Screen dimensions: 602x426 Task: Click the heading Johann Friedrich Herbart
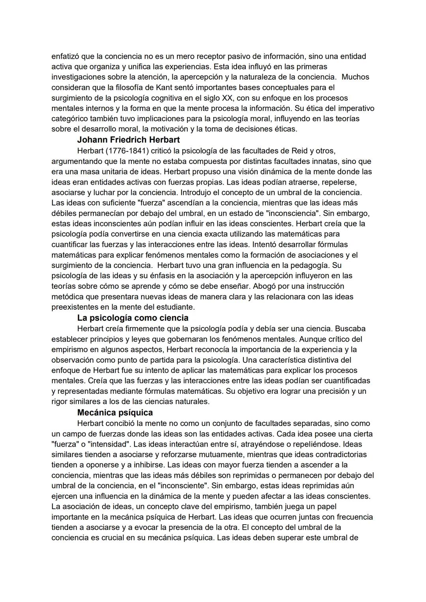tap(128, 140)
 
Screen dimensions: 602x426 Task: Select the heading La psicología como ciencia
tap(133, 318)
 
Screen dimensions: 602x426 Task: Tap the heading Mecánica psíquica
tap(115, 413)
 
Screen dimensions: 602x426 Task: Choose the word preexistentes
tap(73, 307)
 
